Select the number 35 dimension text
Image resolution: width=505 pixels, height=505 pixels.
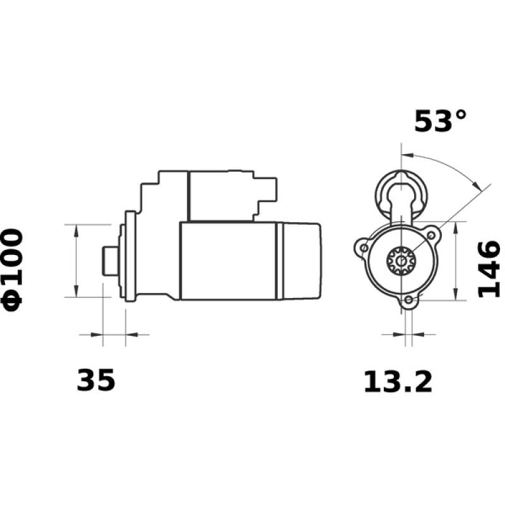[x=96, y=381]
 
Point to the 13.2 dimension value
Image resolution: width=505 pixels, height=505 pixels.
[x=398, y=382]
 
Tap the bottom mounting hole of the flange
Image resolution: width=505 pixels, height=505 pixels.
[x=409, y=300]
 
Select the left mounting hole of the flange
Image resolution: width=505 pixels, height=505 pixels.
[x=364, y=249]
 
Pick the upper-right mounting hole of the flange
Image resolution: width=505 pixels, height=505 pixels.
[x=431, y=235]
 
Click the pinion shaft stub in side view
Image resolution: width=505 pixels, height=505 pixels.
[x=109, y=260]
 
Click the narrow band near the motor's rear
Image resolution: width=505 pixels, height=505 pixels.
[x=278, y=260]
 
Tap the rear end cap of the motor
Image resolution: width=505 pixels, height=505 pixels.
[x=302, y=260]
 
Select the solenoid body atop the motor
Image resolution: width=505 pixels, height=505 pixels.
[x=221, y=194]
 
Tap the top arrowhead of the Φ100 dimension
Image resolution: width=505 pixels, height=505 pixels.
[x=76, y=230]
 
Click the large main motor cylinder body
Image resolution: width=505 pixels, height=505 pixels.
[x=227, y=260]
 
